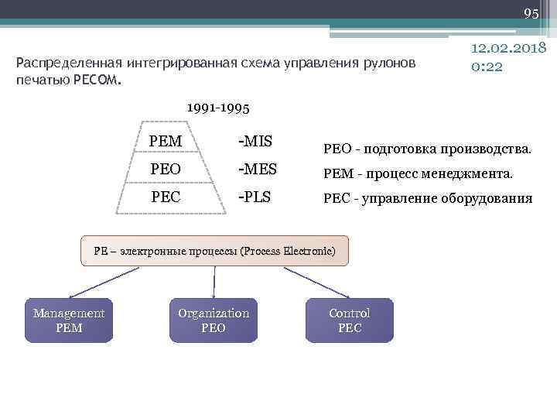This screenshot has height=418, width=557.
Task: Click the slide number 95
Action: [531, 14]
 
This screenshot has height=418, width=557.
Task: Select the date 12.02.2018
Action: [509, 48]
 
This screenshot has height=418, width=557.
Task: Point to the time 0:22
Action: [487, 67]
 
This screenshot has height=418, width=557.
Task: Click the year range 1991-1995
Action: [218, 108]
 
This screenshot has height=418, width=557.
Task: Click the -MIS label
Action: [256, 142]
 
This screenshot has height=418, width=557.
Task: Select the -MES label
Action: [258, 169]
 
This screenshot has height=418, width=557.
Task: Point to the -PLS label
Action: [255, 197]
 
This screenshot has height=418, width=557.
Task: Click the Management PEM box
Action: [69, 320]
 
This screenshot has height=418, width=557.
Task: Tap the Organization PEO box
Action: [214, 320]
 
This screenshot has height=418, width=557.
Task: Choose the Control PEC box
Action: [350, 320]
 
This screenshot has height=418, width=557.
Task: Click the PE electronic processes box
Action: [214, 251]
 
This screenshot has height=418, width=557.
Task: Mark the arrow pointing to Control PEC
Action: [313, 283]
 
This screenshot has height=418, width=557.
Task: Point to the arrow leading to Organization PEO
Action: [214, 283]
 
